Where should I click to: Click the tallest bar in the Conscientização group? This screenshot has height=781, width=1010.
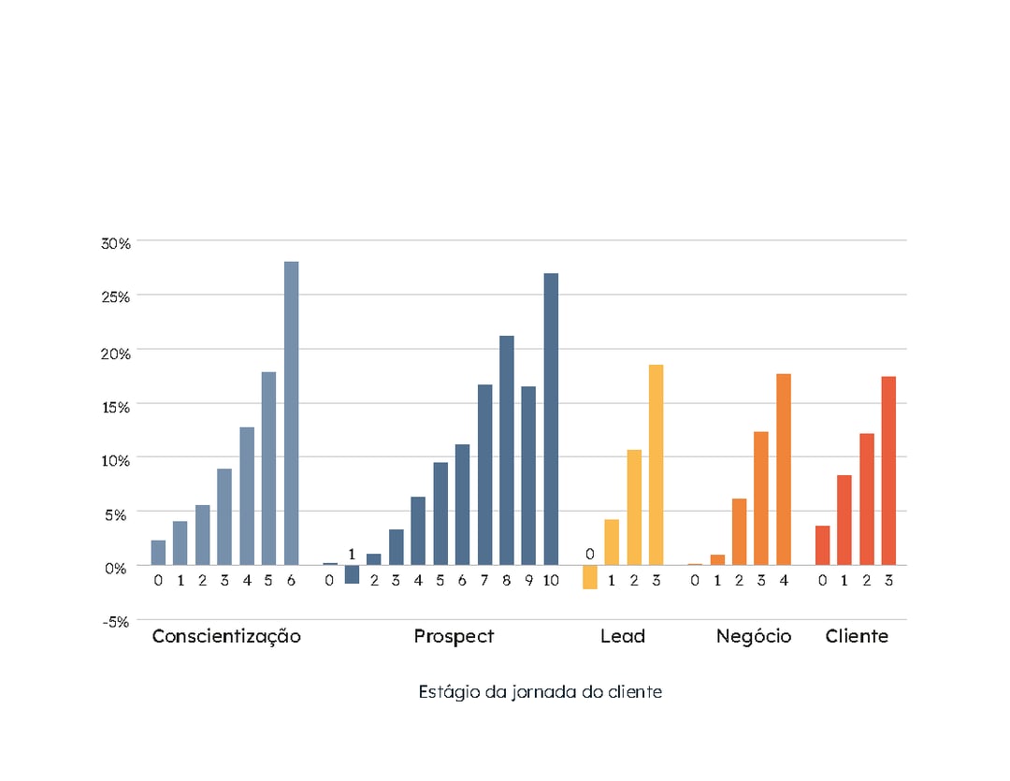pyautogui.click(x=291, y=412)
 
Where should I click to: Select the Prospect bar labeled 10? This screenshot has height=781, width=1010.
pyautogui.click(x=551, y=419)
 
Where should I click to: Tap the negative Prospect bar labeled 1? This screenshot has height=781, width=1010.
pyautogui.click(x=352, y=573)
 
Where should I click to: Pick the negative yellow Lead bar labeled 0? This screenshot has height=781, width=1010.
pyautogui.click(x=589, y=576)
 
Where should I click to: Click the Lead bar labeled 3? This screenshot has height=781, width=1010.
pyautogui.click(x=656, y=464)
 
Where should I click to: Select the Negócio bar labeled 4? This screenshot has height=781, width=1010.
pyautogui.click(x=784, y=469)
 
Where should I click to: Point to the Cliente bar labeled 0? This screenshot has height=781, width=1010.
pyautogui.click(x=822, y=545)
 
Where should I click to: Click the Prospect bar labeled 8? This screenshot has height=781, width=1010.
pyautogui.click(x=507, y=450)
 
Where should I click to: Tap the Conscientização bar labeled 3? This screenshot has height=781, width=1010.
pyautogui.click(x=224, y=516)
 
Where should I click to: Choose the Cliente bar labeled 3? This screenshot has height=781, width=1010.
pyautogui.click(x=888, y=470)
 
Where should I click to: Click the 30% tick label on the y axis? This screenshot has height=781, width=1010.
pyautogui.click(x=116, y=243)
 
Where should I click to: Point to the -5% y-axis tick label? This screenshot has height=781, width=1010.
pyautogui.click(x=116, y=621)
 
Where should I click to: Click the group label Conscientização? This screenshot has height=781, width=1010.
pyautogui.click(x=226, y=637)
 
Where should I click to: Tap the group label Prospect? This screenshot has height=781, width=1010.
pyautogui.click(x=454, y=637)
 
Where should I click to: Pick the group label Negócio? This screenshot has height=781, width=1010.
pyautogui.click(x=753, y=637)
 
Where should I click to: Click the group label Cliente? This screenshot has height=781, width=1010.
pyautogui.click(x=857, y=637)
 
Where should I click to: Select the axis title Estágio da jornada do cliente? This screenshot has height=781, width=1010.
pyautogui.click(x=540, y=692)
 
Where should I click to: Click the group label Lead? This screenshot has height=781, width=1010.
pyautogui.click(x=622, y=637)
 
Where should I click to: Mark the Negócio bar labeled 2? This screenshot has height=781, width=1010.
pyautogui.click(x=739, y=531)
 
